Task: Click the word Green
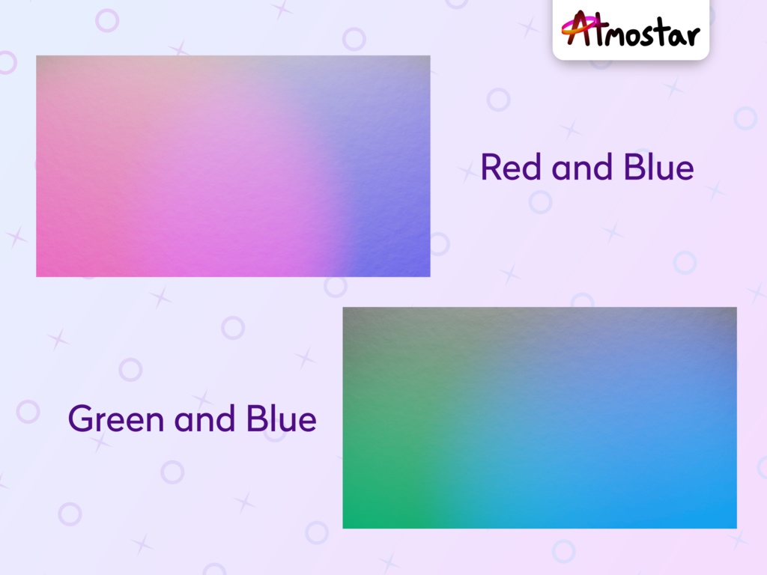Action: click(117, 419)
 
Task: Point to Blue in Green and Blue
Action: click(281, 419)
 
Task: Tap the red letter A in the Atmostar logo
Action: click(575, 28)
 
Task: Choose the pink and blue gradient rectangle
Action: click(233, 165)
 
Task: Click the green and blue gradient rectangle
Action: click(539, 417)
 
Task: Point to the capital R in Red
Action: click(491, 168)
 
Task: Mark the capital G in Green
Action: click(81, 419)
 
